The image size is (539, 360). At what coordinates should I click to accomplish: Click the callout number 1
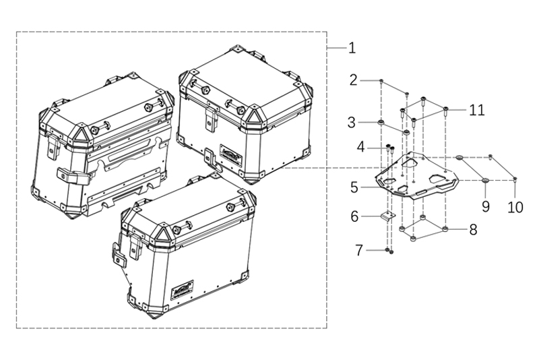coord(352,49)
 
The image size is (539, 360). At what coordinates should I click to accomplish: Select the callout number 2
coord(354,81)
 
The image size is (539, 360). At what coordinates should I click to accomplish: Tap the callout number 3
coord(352,123)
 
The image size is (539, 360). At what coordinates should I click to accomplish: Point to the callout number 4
coord(362,146)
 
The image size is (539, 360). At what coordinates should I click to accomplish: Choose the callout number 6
coord(354,217)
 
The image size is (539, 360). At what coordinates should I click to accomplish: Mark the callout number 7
coord(360,251)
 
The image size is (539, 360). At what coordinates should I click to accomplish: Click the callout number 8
coord(473,230)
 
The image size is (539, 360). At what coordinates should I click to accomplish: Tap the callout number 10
coord(515,207)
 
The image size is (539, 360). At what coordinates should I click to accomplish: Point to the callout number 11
coord(477,109)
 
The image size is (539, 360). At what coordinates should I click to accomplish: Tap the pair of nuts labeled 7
coord(390,251)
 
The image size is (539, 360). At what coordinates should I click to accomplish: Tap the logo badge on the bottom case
coord(183,288)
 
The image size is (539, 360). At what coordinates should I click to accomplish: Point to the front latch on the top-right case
coord(210,119)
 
